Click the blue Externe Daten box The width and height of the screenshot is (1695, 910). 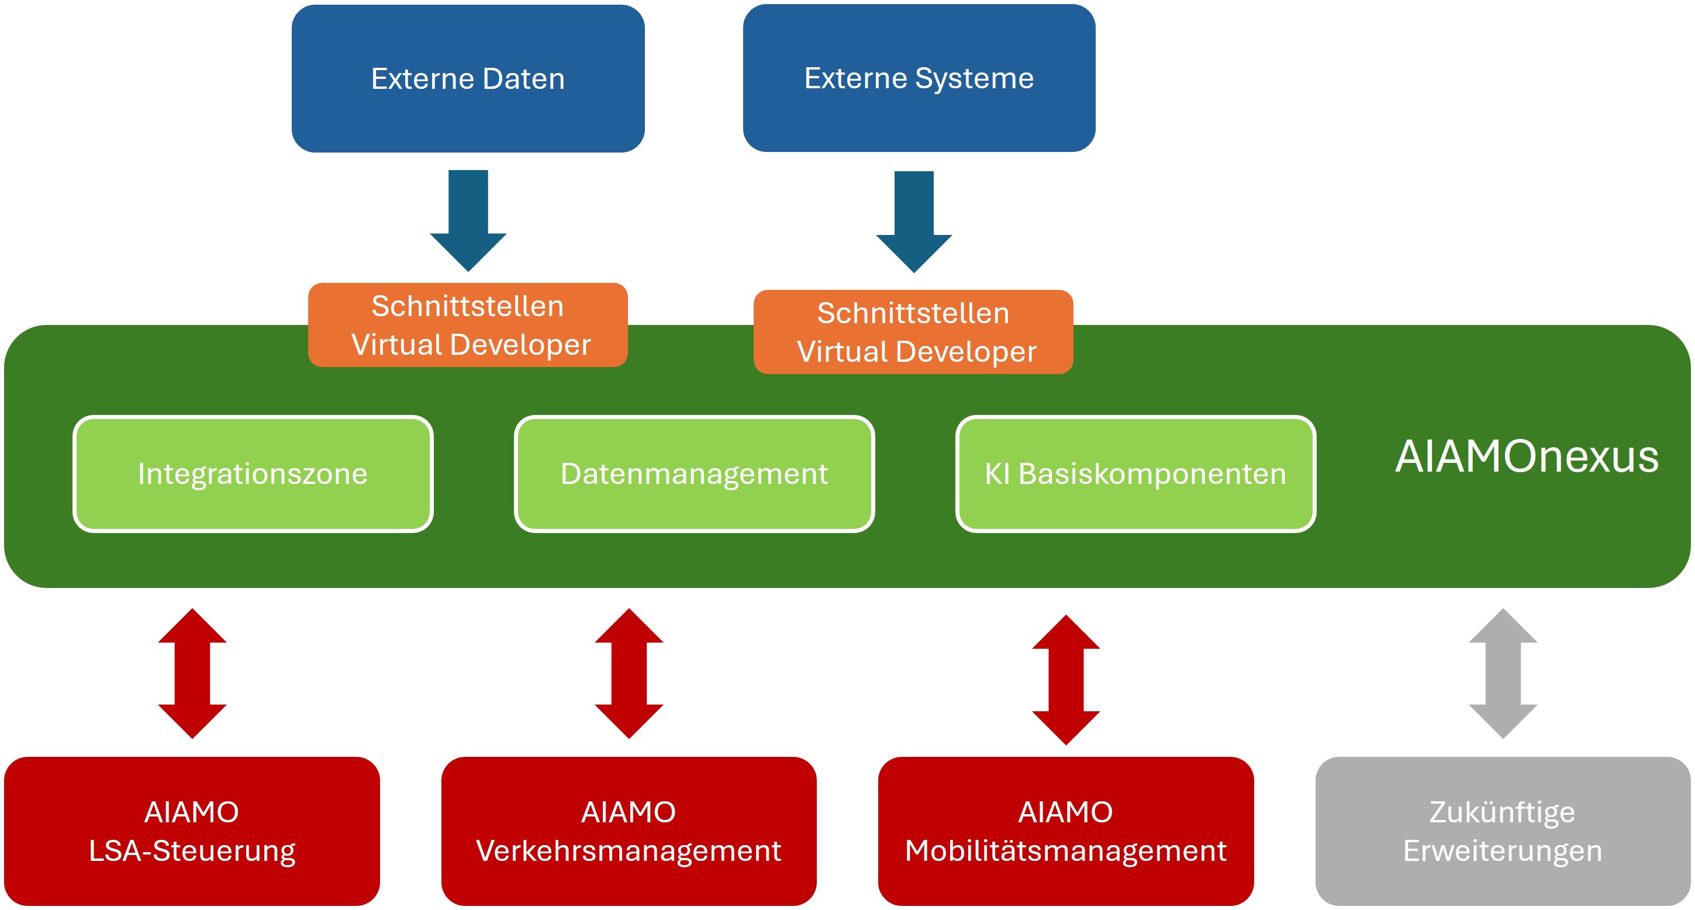pyautogui.click(x=468, y=78)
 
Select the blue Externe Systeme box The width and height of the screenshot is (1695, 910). pyautogui.click(x=919, y=78)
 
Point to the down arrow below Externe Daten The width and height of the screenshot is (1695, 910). pyautogui.click(x=468, y=220)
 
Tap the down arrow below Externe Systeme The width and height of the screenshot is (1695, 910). pyautogui.click(x=913, y=222)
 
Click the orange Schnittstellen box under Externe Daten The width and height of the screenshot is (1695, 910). pyautogui.click(x=468, y=325)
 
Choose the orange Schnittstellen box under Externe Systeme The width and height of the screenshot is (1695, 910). pyautogui.click(x=913, y=332)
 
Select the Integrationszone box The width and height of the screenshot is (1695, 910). pyautogui.click(x=253, y=473)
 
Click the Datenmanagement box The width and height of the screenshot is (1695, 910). pyautogui.click(x=694, y=473)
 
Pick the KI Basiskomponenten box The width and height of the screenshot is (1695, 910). pyautogui.click(x=1135, y=473)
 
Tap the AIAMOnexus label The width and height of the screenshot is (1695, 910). pyautogui.click(x=1527, y=456)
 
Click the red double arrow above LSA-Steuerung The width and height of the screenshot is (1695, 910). pyautogui.click(x=192, y=673)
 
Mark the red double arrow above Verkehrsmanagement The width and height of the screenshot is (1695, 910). pyautogui.click(x=629, y=673)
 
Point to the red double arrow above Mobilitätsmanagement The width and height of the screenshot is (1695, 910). pyautogui.click(x=1066, y=679)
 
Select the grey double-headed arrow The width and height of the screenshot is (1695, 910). pyautogui.click(x=1503, y=673)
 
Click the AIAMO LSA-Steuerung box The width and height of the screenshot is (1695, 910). pyautogui.click(x=192, y=831)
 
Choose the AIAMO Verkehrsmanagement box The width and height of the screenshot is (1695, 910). pyautogui.click(x=629, y=831)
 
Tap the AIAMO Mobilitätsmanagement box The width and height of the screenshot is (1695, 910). pyautogui.click(x=1066, y=831)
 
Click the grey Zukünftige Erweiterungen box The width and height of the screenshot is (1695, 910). pyautogui.click(x=1503, y=831)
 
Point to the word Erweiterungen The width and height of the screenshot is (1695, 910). pyautogui.click(x=1503, y=851)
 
